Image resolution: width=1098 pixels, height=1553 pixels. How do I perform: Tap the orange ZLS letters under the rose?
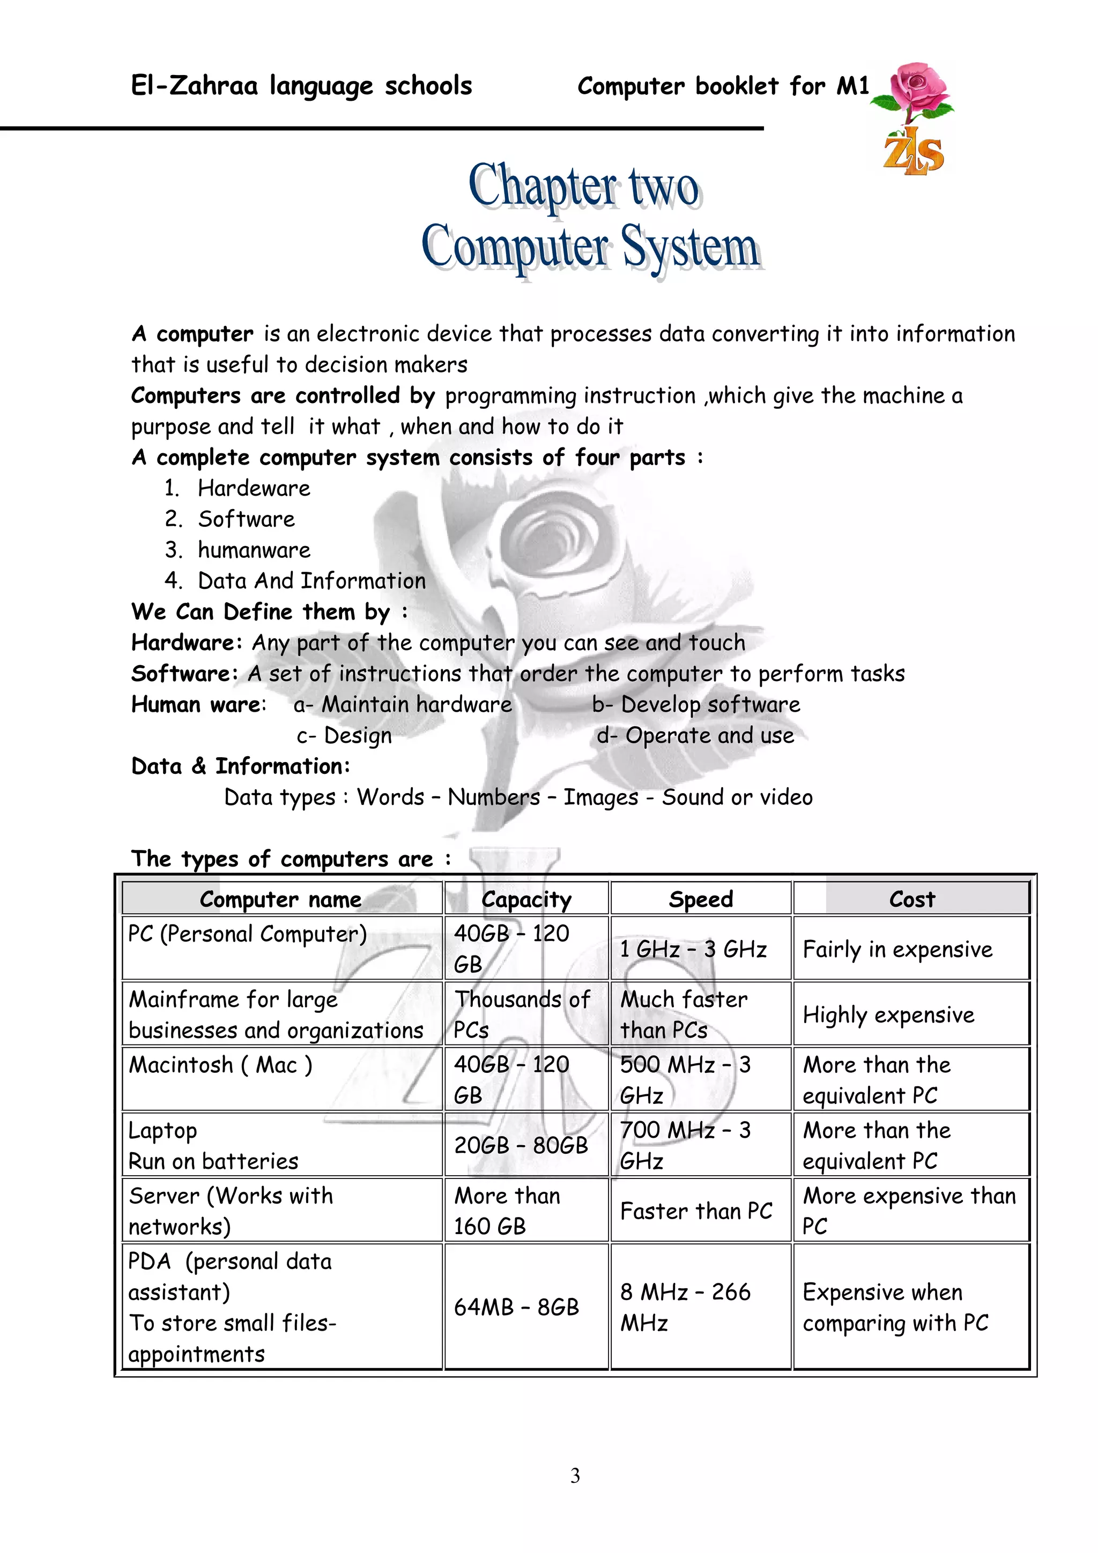[x=914, y=153]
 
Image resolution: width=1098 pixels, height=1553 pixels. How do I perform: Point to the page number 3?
[x=575, y=1475]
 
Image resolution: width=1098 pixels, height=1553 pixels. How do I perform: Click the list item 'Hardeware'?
[x=254, y=488]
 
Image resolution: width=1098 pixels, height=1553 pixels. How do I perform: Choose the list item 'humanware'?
[x=254, y=550]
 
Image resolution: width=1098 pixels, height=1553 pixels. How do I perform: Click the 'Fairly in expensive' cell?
[x=897, y=949]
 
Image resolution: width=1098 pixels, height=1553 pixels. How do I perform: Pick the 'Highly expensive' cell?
[x=888, y=1014]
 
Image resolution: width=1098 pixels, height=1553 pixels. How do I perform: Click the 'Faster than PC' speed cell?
[x=696, y=1211]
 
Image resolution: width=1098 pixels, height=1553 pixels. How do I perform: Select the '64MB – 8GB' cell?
[x=516, y=1308]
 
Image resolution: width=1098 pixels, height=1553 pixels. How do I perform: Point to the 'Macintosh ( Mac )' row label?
[x=220, y=1065]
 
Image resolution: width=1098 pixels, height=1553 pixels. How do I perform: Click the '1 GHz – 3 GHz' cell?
[x=693, y=949]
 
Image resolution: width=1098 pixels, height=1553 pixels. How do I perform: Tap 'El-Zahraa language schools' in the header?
[x=301, y=86]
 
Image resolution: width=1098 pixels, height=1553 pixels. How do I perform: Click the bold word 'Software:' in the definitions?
[x=184, y=674]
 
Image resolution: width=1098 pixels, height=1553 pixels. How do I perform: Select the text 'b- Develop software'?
[x=696, y=704]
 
